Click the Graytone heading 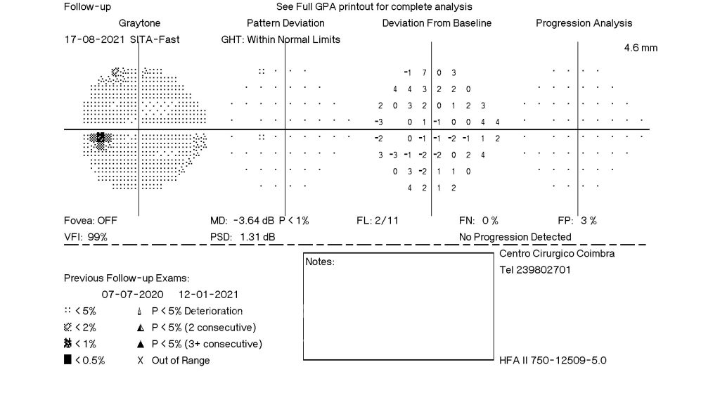pyautogui.click(x=140, y=23)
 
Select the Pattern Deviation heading pyautogui.click(x=285, y=23)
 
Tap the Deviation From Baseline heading pyautogui.click(x=437, y=23)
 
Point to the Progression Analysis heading pyautogui.click(x=584, y=23)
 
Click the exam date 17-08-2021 pyautogui.click(x=95, y=39)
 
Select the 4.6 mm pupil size pyautogui.click(x=641, y=48)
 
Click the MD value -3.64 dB pyautogui.click(x=253, y=220)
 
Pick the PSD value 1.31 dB pyautogui.click(x=257, y=237)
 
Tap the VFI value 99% pyautogui.click(x=97, y=237)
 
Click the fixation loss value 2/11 pyautogui.click(x=387, y=220)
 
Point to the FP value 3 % pyautogui.click(x=589, y=220)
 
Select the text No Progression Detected pyautogui.click(x=515, y=237)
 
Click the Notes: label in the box pyautogui.click(x=320, y=262)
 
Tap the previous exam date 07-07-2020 pyautogui.click(x=132, y=294)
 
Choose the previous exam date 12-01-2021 pyautogui.click(x=208, y=294)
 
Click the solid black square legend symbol pyautogui.click(x=67, y=359)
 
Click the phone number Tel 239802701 pyautogui.click(x=535, y=269)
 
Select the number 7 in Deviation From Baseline pyautogui.click(x=424, y=72)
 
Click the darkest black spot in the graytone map pyautogui.click(x=100, y=137)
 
